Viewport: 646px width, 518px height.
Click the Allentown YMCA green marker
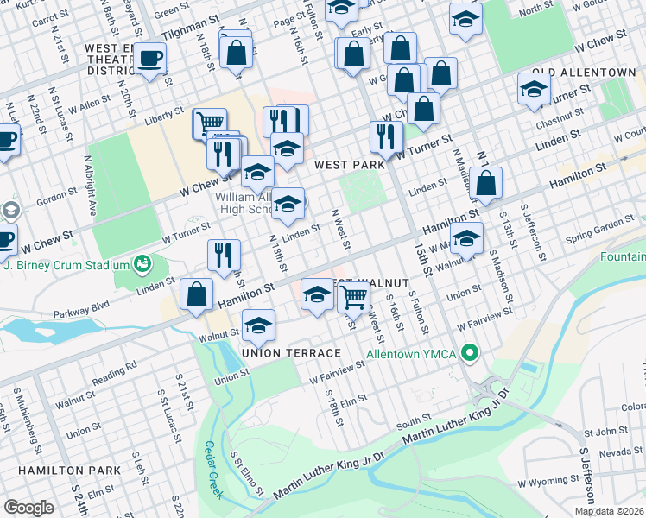[x=471, y=352]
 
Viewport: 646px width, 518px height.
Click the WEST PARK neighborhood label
[x=349, y=164]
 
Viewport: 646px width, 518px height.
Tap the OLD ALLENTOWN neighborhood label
[x=586, y=72]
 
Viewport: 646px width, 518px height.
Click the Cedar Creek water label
[x=213, y=470]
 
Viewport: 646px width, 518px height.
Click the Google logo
[x=28, y=508]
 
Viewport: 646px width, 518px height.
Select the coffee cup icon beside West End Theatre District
[x=150, y=59]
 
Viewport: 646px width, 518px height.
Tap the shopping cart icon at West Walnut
[x=352, y=297]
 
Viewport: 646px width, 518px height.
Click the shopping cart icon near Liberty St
[x=209, y=123]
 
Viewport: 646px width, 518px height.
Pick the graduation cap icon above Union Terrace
[x=258, y=325]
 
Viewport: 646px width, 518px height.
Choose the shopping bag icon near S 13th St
[x=486, y=183]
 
